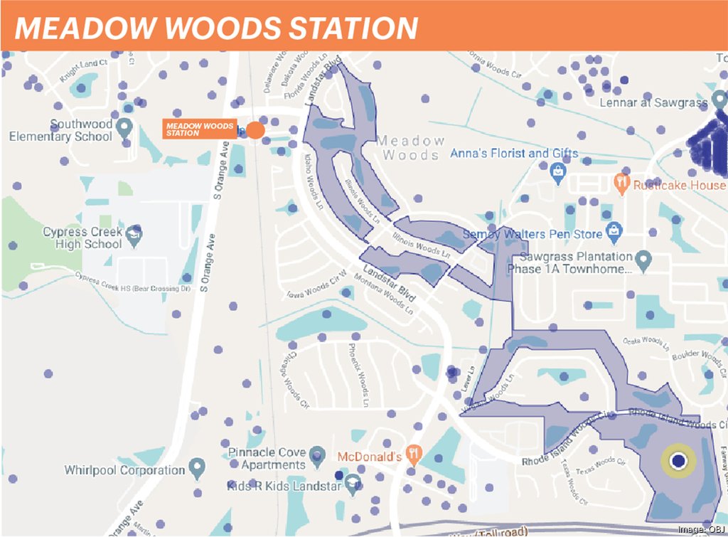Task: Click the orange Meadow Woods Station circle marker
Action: [x=255, y=131]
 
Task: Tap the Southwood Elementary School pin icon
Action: [x=124, y=129]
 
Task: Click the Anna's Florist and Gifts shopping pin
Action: [x=558, y=169]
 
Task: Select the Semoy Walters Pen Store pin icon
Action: [x=614, y=231]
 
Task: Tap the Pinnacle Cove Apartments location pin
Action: [x=317, y=454]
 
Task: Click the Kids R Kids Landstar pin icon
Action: [x=350, y=484]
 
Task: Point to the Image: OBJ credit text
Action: [x=700, y=529]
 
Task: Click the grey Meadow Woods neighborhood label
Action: [x=411, y=148]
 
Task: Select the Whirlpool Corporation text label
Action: [x=124, y=470]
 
